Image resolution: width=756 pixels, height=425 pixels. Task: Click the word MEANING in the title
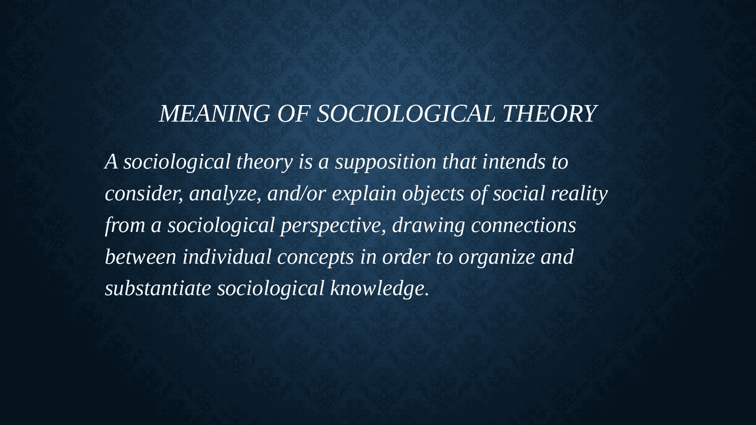point(214,113)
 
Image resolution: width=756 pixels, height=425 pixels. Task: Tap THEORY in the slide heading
point(550,113)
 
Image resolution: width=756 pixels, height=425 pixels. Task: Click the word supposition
point(386,162)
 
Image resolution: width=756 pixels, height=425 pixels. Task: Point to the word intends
point(514,162)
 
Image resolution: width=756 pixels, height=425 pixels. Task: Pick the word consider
point(144,194)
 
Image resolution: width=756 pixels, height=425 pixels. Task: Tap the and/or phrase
point(297,194)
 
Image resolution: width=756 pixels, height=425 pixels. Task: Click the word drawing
point(429,226)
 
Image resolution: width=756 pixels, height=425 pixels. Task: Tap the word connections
point(523,225)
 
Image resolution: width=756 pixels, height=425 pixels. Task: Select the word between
point(141,257)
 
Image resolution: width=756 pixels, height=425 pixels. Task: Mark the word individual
point(227,257)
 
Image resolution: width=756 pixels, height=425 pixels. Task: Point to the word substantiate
point(158,289)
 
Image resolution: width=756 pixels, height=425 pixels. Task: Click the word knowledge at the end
point(380,289)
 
